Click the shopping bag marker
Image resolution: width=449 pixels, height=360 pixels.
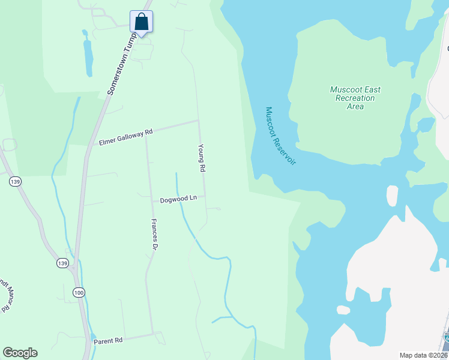(x=141, y=22)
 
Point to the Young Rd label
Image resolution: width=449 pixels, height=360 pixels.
(x=202, y=158)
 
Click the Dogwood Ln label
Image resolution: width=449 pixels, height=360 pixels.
(x=178, y=199)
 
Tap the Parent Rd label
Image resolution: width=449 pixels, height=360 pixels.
(x=108, y=341)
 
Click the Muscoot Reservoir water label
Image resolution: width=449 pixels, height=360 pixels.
(x=281, y=136)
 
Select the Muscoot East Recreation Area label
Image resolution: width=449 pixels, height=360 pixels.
(x=355, y=98)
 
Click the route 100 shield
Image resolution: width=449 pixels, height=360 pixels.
(x=79, y=292)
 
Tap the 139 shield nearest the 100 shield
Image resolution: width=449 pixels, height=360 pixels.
(x=62, y=263)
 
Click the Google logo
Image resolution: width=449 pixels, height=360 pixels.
(x=20, y=353)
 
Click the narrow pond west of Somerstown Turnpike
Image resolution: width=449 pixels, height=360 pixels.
(x=88, y=57)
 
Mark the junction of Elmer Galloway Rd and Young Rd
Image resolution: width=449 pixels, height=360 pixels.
(x=199, y=121)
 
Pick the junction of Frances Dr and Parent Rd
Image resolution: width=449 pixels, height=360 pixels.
(x=153, y=334)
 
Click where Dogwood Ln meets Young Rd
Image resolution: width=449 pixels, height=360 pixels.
(x=205, y=196)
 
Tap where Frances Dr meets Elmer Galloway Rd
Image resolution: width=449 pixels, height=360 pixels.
(x=146, y=134)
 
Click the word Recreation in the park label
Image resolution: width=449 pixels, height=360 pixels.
(x=355, y=98)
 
